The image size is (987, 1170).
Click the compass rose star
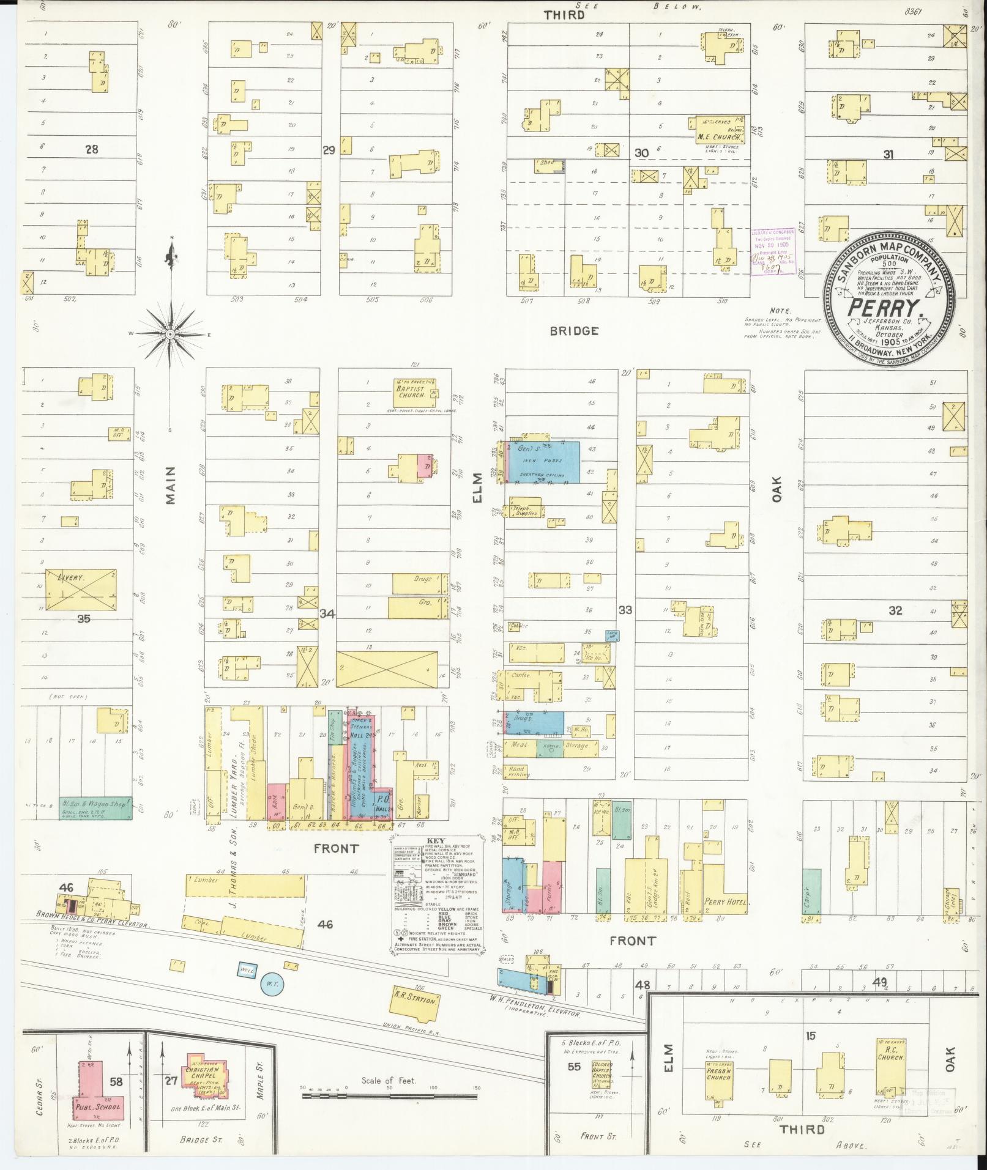169,334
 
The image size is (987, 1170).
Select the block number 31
888,155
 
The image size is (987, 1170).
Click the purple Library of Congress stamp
773,252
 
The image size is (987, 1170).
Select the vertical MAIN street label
169,485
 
